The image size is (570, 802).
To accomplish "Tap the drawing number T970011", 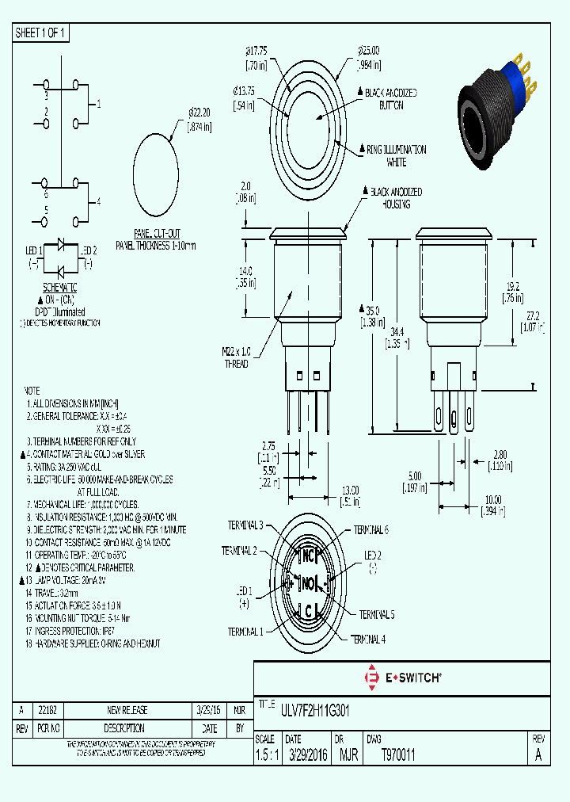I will coord(398,756).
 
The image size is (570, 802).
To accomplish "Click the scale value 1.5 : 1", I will coord(265,756).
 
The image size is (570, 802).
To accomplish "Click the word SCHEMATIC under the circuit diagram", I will coord(59,287).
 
